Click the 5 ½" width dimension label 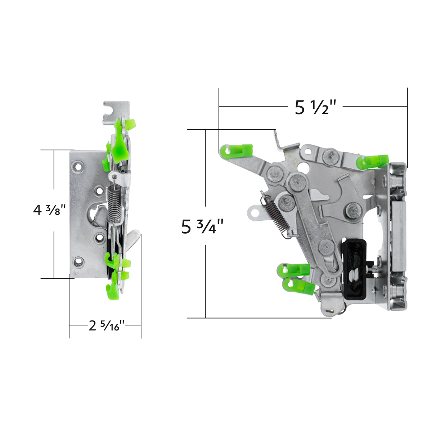click(315, 107)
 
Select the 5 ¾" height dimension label click(203, 227)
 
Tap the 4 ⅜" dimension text click(50, 210)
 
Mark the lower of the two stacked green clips click(298, 285)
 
